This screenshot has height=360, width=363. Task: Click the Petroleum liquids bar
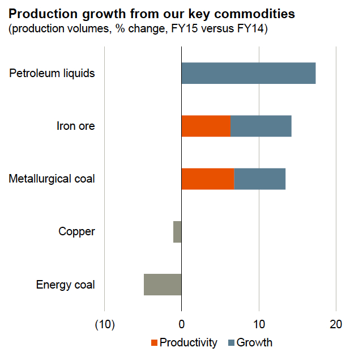pos(248,74)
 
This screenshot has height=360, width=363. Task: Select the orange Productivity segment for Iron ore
pos(206,126)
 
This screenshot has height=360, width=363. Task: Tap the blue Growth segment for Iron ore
pos(261,126)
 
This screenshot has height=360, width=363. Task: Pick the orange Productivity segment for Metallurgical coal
pos(208,179)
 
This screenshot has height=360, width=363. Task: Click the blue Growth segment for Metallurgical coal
pos(260,179)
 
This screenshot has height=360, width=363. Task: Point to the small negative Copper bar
pos(177,232)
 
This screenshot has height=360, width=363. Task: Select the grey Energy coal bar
pos(163,284)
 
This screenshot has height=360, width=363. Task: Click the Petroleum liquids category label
pos(52,74)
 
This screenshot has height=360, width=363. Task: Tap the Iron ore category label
pos(76,126)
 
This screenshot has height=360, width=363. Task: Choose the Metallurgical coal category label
pos(52,179)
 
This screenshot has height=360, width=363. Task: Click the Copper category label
pos(77,232)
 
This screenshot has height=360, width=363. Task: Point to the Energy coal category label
pos(66,284)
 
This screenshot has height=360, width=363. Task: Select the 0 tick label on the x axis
pos(181,325)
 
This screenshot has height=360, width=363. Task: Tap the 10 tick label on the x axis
pos(259,325)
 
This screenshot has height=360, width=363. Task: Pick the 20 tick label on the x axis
pos(336,325)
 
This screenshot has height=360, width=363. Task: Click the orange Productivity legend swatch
pos(154,343)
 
